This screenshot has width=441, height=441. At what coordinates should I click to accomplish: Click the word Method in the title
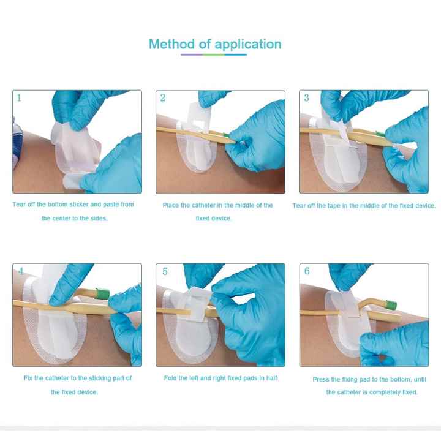[172, 44]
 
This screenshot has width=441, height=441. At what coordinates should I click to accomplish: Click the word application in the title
[248, 45]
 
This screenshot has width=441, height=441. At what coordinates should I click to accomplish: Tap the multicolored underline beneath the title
[214, 55]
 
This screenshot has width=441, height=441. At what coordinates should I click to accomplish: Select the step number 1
[19, 97]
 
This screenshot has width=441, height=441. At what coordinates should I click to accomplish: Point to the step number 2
[163, 97]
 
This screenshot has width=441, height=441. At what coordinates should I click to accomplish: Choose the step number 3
[307, 97]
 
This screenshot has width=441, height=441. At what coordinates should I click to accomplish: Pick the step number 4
[21, 271]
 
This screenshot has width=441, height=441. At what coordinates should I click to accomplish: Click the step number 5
[165, 271]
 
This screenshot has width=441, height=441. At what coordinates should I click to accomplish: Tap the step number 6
[307, 271]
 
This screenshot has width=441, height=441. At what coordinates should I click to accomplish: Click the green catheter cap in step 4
[102, 294]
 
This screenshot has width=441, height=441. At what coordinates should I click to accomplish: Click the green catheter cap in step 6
[391, 304]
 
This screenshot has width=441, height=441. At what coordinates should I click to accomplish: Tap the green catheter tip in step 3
[380, 134]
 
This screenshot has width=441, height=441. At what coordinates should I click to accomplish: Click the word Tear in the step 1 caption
[19, 205]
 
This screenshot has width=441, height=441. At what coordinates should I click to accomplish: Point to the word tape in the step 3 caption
[334, 206]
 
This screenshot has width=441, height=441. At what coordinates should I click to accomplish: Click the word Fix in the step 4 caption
[28, 379]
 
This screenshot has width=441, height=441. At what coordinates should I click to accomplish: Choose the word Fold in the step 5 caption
[170, 379]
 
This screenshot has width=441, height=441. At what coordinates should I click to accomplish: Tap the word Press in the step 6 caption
[321, 380]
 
